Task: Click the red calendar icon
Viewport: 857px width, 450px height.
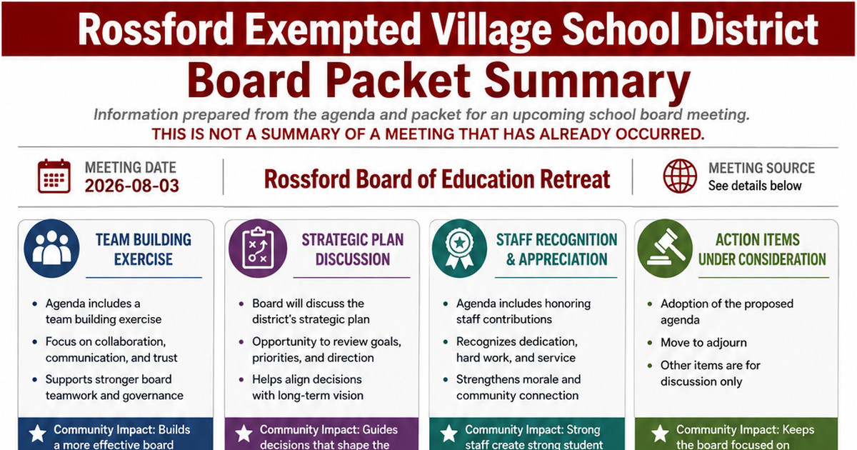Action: [54, 176]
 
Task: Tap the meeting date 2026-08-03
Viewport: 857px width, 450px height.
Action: [132, 186]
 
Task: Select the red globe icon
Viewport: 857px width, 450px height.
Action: [680, 176]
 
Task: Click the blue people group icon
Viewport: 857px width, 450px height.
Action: [51, 249]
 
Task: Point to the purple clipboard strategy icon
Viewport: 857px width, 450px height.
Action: [258, 249]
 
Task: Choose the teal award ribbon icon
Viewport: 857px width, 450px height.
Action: [459, 249]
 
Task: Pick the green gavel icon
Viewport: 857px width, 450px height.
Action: [665, 249]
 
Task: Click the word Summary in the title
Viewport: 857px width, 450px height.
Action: [587, 81]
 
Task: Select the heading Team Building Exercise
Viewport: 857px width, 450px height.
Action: [144, 249]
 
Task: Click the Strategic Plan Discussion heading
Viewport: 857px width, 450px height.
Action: [353, 249]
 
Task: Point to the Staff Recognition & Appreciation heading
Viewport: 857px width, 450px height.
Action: [556, 249]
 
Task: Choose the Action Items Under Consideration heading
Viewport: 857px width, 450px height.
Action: [762, 249]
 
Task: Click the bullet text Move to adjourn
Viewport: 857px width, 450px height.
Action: [703, 342]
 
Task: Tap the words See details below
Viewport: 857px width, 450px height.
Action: [755, 186]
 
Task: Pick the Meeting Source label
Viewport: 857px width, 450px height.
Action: [762, 168]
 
